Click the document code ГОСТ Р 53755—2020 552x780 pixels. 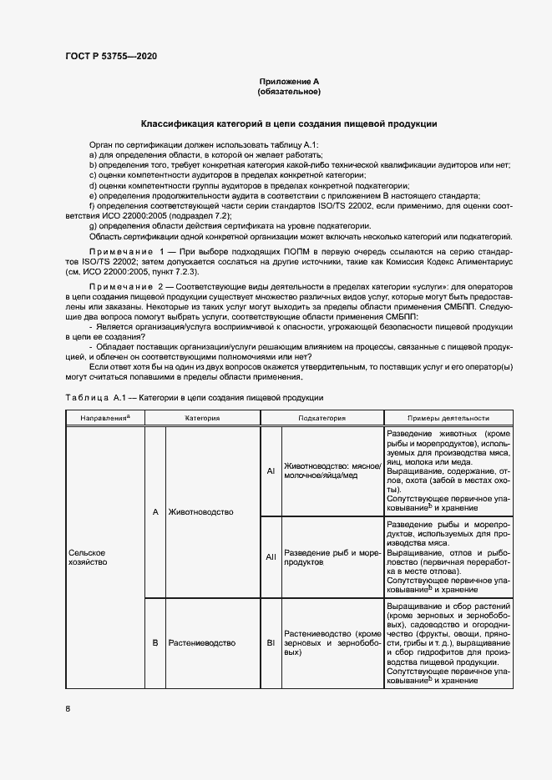click(110, 56)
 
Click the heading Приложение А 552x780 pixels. click(289, 81)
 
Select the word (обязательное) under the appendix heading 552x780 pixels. click(289, 91)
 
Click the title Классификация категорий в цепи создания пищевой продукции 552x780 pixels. click(289, 123)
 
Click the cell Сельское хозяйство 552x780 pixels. click(88, 557)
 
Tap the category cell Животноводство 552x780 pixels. click(200, 511)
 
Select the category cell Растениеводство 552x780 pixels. click(201, 643)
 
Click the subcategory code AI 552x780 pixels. click(271, 471)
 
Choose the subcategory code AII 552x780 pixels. click(271, 557)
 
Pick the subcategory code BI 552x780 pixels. click(271, 643)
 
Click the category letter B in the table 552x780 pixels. click(155, 643)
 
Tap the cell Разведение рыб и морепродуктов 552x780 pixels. click(332, 557)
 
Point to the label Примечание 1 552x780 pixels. click(126, 251)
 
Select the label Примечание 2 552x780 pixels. click(126, 286)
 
